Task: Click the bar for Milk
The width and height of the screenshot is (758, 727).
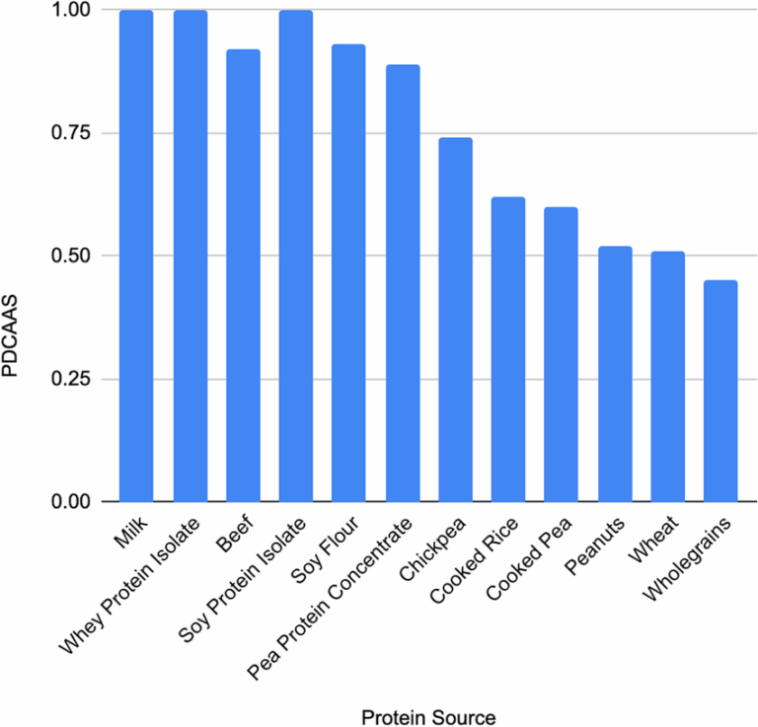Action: click(x=136, y=256)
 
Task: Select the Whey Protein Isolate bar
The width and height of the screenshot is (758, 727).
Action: click(x=189, y=256)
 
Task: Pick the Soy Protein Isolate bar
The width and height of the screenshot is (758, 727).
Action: click(x=295, y=256)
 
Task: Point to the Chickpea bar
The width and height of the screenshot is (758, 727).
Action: click(x=455, y=321)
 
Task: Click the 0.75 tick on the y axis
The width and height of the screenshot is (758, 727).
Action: click(x=67, y=133)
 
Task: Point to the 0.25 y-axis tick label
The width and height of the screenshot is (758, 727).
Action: click(x=67, y=379)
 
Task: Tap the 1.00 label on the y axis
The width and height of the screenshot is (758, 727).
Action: click(x=67, y=10)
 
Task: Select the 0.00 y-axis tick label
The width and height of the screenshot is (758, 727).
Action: click(x=67, y=502)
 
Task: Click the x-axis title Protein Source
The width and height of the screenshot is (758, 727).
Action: click(x=427, y=714)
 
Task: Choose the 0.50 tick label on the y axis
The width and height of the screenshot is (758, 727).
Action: click(x=67, y=256)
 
